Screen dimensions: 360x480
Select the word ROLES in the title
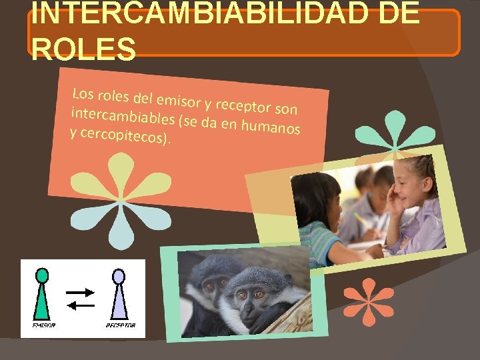point(83,49)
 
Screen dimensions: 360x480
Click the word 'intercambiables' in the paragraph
point(123,116)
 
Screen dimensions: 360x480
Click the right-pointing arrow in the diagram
point(81,292)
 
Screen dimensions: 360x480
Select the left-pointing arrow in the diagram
point(81,305)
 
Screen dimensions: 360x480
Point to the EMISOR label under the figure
point(44,325)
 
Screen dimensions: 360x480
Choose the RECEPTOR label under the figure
point(121,325)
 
